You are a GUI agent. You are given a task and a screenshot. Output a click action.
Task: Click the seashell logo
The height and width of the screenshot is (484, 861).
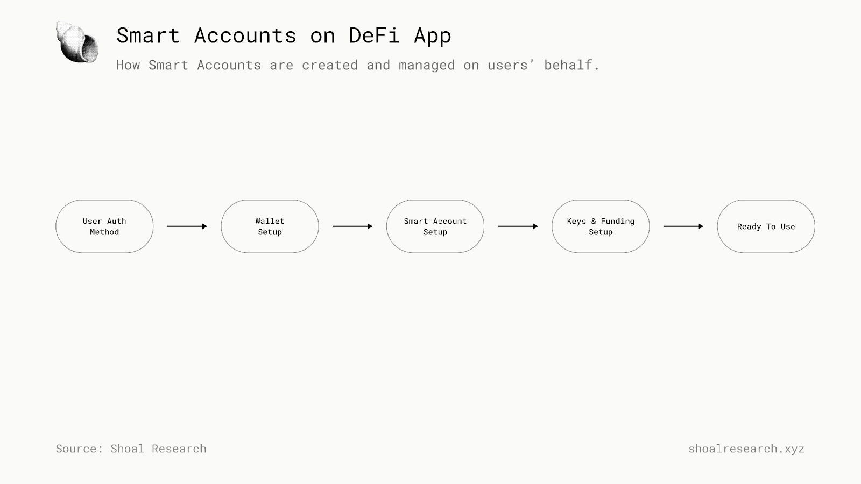(x=77, y=42)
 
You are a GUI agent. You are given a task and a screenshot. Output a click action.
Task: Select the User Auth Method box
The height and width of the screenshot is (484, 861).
(x=104, y=226)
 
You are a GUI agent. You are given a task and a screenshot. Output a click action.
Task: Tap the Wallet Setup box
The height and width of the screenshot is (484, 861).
(x=270, y=226)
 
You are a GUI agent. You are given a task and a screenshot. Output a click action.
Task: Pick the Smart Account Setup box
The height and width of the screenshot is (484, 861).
(x=435, y=226)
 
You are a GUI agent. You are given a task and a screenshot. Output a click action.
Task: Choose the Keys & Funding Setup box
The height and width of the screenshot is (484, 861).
(x=601, y=226)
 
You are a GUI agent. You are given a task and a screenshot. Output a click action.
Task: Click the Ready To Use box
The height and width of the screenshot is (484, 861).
(x=766, y=226)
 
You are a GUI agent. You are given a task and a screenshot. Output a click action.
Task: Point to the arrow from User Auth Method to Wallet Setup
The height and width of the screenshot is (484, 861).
(x=187, y=226)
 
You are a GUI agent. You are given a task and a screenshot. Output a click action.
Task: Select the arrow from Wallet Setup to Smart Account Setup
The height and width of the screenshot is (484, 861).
(x=352, y=226)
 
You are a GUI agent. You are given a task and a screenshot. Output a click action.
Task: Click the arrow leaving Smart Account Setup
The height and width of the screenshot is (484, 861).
(x=518, y=226)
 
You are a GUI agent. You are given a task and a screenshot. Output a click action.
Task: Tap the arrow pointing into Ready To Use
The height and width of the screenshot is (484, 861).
(x=683, y=226)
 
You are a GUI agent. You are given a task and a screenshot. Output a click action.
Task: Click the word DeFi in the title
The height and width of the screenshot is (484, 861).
(x=374, y=36)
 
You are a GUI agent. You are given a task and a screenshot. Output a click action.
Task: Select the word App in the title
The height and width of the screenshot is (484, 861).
(x=432, y=36)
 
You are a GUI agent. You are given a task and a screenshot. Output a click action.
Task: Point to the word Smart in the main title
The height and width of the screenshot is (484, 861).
(x=148, y=36)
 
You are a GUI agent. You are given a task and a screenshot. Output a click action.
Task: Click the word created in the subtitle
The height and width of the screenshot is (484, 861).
(x=329, y=65)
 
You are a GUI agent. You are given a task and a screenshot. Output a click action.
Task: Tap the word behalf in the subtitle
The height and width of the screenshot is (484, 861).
(x=571, y=65)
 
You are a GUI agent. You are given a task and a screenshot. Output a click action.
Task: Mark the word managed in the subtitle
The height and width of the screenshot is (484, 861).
(x=426, y=66)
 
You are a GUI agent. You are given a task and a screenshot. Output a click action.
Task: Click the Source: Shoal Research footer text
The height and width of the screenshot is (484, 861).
(x=131, y=449)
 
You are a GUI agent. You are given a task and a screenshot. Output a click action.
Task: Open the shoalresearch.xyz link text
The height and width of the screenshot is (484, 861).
(x=746, y=449)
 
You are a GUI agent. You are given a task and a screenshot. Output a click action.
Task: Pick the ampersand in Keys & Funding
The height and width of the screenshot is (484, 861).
(x=594, y=221)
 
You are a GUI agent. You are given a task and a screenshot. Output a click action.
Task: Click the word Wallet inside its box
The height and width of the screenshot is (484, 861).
(x=270, y=221)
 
